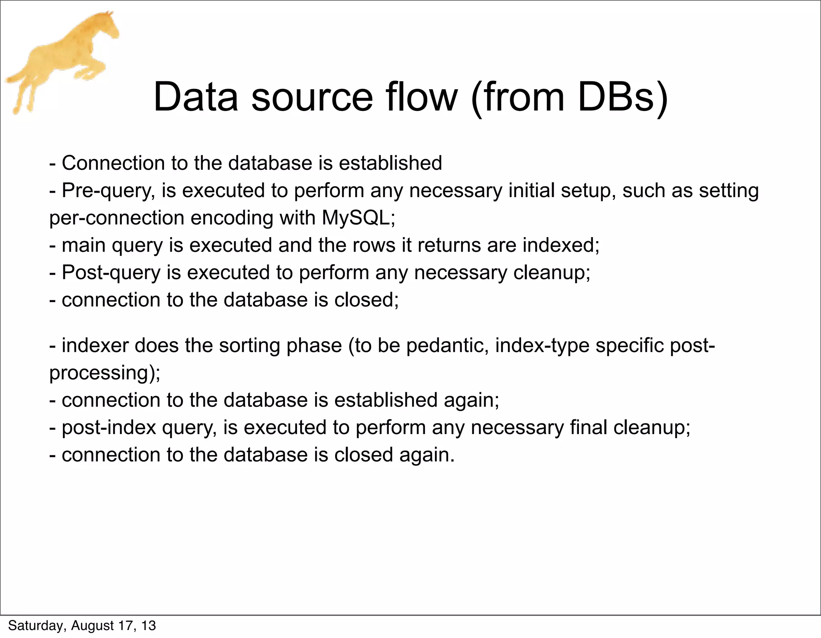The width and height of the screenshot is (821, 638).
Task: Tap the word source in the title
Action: pyautogui.click(x=312, y=97)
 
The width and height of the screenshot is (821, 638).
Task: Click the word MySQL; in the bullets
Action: pyautogui.click(x=358, y=218)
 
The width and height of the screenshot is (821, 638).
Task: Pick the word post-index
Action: pyautogui.click(x=109, y=427)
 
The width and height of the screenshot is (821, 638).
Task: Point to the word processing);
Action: pyautogui.click(x=105, y=373)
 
